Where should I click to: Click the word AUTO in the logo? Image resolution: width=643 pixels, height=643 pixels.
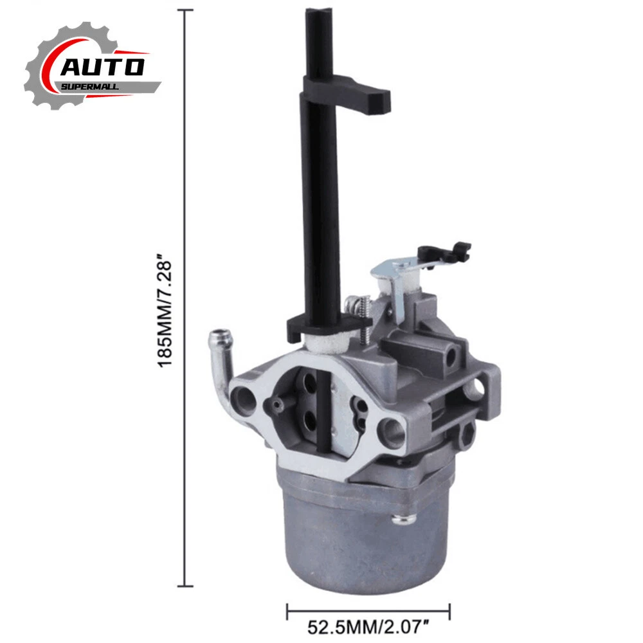102,68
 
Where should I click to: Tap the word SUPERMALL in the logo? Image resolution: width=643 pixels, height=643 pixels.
90,87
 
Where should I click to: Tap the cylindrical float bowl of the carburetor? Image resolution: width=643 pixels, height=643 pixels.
361,533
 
